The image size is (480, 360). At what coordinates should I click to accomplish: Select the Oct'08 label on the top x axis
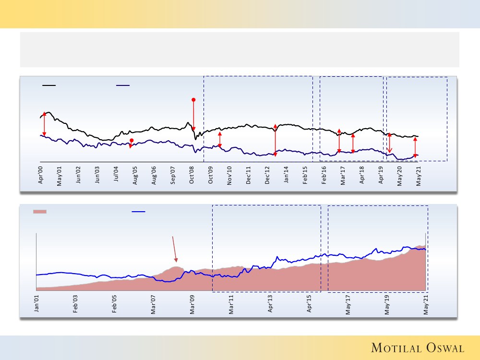point(192,175)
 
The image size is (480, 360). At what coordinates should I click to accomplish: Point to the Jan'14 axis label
point(287,175)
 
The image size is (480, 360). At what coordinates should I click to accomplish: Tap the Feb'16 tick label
point(324,175)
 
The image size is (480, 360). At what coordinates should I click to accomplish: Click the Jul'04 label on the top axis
point(117,175)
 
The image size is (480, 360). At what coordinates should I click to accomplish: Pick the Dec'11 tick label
point(249,175)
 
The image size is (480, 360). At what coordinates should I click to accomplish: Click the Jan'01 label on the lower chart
point(36,305)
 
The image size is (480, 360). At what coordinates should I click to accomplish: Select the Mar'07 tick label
point(153,305)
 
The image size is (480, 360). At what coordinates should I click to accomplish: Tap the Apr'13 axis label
point(270,305)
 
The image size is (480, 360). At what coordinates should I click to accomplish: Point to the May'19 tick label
point(387,305)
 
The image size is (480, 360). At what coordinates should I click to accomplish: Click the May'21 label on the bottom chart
point(426,305)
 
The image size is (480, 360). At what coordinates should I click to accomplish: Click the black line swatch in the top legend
point(49,85)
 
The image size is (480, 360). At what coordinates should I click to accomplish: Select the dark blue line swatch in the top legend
point(123,85)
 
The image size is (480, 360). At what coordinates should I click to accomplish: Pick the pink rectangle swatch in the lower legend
point(39,211)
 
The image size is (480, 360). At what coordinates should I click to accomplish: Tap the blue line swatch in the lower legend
point(139,211)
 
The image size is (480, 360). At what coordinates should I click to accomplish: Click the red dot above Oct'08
point(193,100)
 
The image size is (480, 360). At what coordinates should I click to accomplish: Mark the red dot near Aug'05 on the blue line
point(131,140)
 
